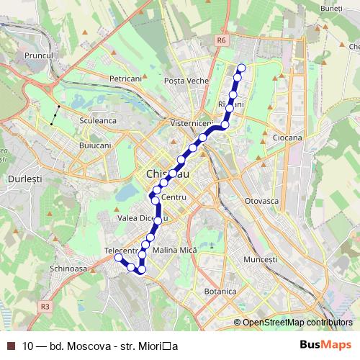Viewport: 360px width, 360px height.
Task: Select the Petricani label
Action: pyautogui.click(x=125, y=77)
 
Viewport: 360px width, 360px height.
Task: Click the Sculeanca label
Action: pyautogui.click(x=99, y=121)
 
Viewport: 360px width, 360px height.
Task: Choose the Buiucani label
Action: pyautogui.click(x=94, y=145)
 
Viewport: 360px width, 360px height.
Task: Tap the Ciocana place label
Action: pyautogui.click(x=287, y=137)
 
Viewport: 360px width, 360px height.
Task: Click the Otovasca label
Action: pyautogui.click(x=261, y=200)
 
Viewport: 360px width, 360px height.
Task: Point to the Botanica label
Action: pyautogui.click(x=220, y=292)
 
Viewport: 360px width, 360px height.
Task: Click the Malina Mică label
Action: pyautogui.click(x=175, y=250)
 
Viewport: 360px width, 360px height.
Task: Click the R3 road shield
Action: pyautogui.click(x=46, y=306)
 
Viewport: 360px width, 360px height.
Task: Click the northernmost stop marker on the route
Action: pyautogui.click(x=241, y=68)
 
